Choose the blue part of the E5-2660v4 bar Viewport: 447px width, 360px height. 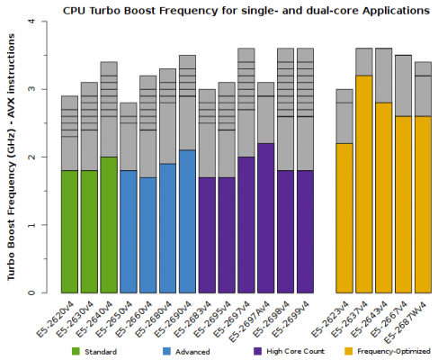coord(148,235)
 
